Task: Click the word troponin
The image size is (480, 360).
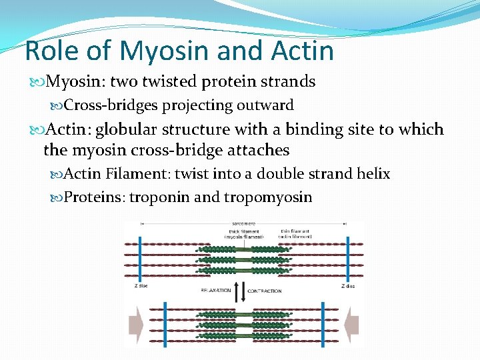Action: tap(158, 197)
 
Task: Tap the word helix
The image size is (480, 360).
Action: tap(374, 173)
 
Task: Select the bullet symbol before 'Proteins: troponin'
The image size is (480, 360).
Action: tap(57, 198)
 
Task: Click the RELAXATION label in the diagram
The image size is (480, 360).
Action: tap(215, 291)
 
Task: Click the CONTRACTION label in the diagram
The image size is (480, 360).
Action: tap(265, 291)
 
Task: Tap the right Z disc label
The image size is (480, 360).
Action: tap(347, 286)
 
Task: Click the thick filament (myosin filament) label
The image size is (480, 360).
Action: tap(246, 234)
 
